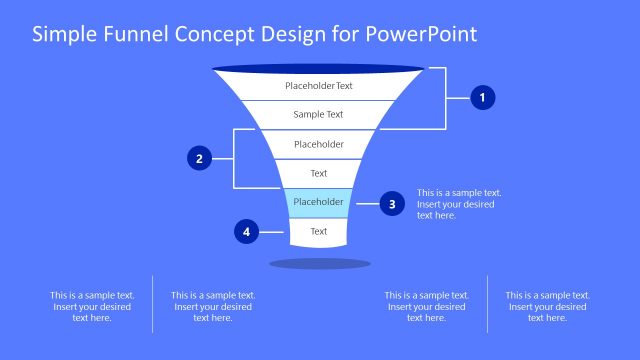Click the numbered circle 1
[483, 98]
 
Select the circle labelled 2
[200, 158]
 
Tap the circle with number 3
[392, 204]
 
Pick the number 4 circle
[246, 232]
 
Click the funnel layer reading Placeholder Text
[319, 86]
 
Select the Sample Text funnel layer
[319, 115]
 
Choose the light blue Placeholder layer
[318, 202]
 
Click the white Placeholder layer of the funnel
[319, 144]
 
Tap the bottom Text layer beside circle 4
[318, 231]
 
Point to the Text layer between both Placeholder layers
[318, 173]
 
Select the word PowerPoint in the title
[422, 34]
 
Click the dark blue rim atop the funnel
[319, 68]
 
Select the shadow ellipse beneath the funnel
[320, 264]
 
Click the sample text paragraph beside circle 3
[459, 204]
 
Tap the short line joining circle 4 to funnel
[274, 232]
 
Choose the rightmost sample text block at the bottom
[547, 306]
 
